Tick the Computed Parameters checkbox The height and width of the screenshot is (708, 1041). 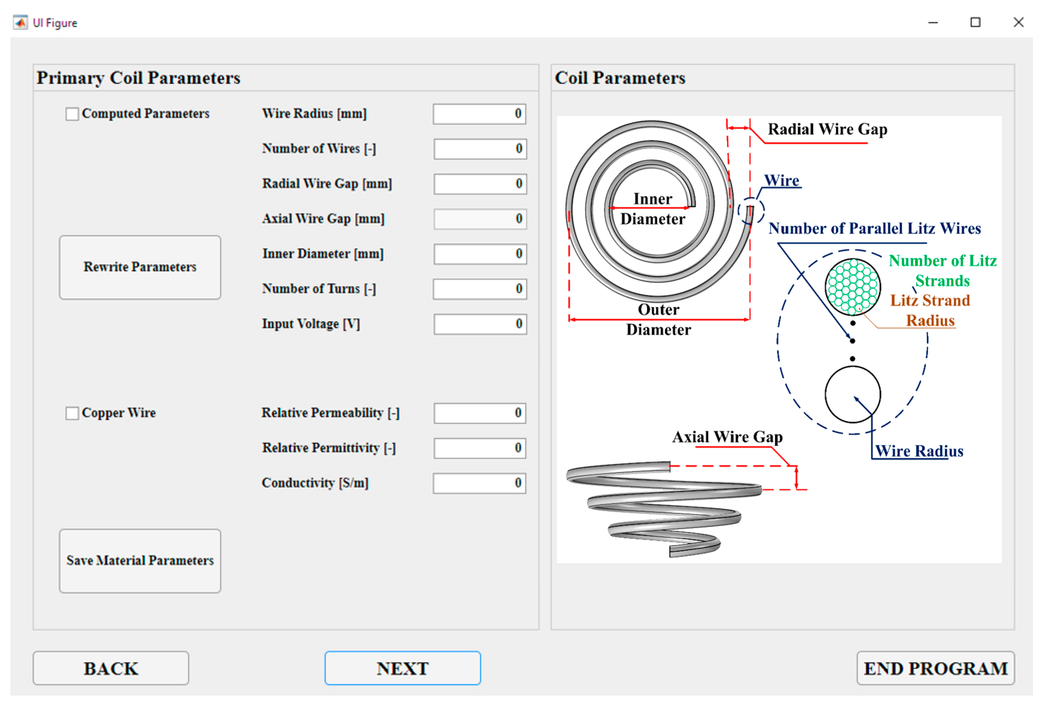[x=72, y=114]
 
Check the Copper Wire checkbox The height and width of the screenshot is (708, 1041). [x=72, y=413]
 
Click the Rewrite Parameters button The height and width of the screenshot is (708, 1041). [x=140, y=267]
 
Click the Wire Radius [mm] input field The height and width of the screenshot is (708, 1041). [x=479, y=114]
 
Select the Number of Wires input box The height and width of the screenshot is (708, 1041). [x=480, y=149]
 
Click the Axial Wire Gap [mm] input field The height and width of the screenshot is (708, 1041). [x=480, y=219]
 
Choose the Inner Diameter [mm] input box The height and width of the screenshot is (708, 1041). [x=480, y=254]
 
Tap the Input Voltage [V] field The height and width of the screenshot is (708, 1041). [x=480, y=324]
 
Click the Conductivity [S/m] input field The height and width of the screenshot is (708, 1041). [x=479, y=483]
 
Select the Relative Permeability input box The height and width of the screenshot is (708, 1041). [x=479, y=413]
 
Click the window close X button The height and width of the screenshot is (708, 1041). [x=1018, y=22]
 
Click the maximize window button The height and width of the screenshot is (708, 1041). [x=975, y=22]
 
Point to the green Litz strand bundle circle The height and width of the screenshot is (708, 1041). [x=852, y=287]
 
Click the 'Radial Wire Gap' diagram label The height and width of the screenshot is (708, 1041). [x=827, y=129]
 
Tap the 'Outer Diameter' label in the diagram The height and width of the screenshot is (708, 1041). [x=659, y=319]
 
